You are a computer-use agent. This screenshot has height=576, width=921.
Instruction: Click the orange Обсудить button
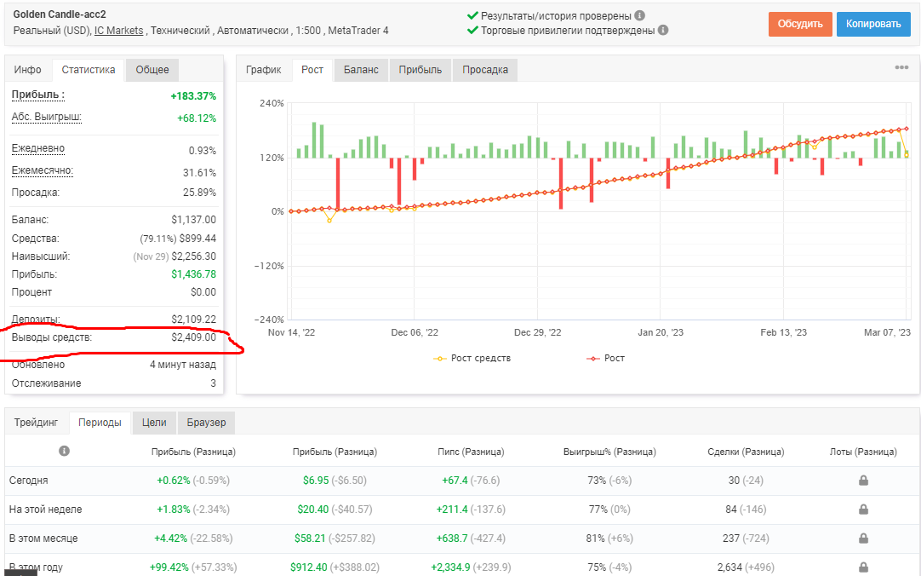(x=800, y=24)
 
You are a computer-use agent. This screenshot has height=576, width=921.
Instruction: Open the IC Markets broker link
(x=118, y=31)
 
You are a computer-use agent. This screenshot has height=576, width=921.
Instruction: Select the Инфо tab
(x=27, y=69)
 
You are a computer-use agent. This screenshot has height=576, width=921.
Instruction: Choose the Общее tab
(x=152, y=69)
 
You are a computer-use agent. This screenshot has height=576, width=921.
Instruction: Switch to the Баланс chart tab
(x=361, y=69)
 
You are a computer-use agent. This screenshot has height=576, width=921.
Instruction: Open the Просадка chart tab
(x=485, y=69)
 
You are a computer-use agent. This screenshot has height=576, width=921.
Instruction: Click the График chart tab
(x=263, y=69)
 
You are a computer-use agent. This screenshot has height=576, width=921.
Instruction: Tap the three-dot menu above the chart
(x=901, y=67)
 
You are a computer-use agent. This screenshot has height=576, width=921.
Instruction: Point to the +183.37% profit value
(x=193, y=95)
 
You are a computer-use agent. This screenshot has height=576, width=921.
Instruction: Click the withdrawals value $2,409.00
(x=194, y=337)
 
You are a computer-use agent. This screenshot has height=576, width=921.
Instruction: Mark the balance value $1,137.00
(x=194, y=220)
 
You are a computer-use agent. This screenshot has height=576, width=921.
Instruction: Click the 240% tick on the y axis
(x=272, y=103)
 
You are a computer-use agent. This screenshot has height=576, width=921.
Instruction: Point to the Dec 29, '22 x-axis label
(x=537, y=332)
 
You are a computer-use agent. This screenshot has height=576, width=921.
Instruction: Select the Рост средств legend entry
(x=472, y=358)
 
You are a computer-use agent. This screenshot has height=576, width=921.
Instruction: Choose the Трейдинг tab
(x=37, y=423)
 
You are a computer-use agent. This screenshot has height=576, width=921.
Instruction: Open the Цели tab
(x=154, y=423)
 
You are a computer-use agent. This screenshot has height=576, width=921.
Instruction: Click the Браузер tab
(x=206, y=423)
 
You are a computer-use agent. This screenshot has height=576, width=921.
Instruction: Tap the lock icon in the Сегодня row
(x=863, y=481)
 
